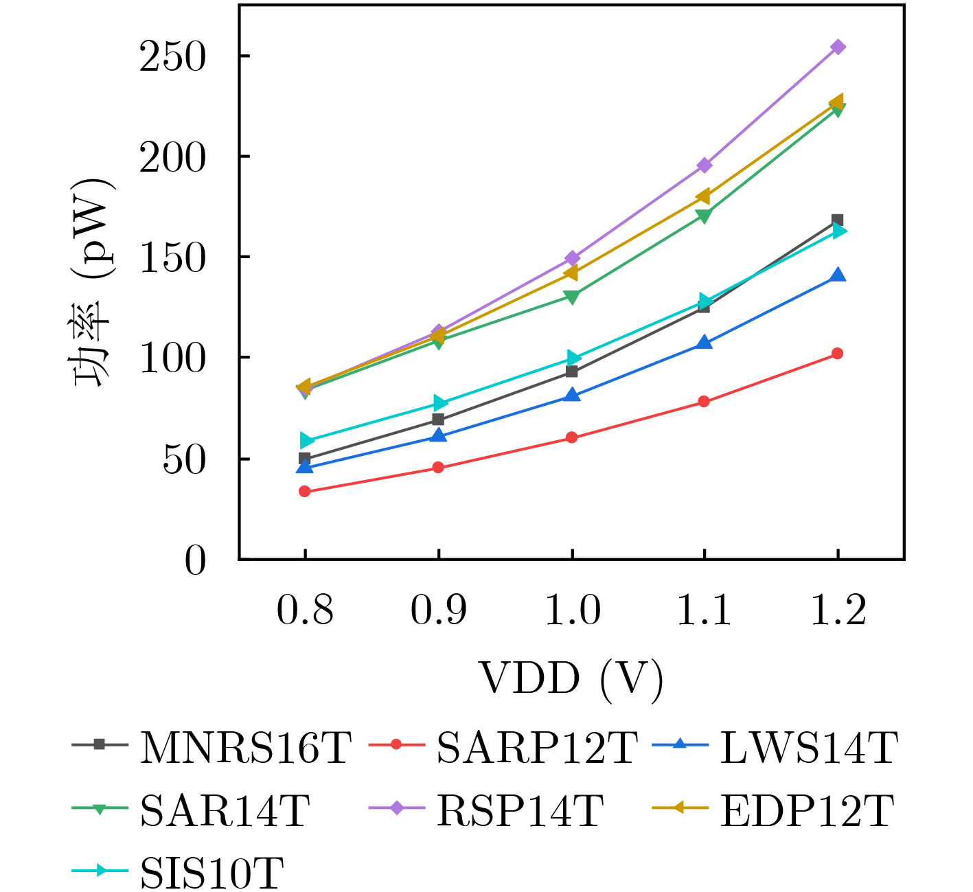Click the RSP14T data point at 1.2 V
click(838, 47)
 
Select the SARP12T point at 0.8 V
click(305, 491)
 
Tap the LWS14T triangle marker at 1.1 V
click(705, 343)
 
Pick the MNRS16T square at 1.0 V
click(571, 371)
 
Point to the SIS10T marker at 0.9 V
click(439, 403)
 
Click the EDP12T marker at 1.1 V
click(703, 197)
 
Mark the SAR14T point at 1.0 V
click(571, 297)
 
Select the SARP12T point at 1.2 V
click(837, 354)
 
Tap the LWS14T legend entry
click(808, 748)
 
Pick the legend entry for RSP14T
click(520, 810)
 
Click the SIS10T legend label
click(211, 873)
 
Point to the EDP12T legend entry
click(807, 810)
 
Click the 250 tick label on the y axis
click(172, 57)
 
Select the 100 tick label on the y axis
click(172, 358)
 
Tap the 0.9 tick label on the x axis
click(438, 610)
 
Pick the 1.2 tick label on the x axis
click(838, 610)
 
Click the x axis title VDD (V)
click(571, 679)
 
